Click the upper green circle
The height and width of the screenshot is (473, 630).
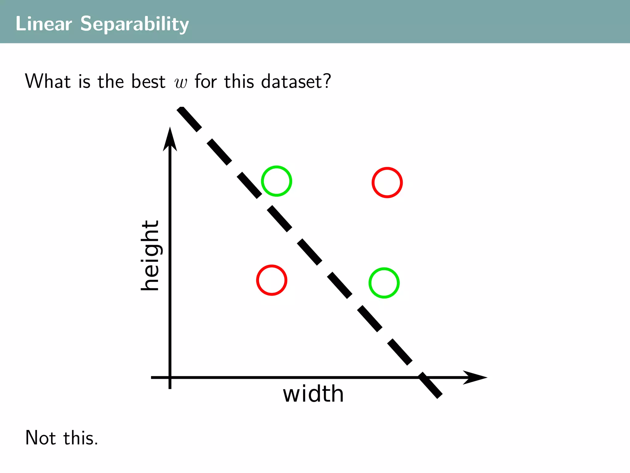(x=277, y=181)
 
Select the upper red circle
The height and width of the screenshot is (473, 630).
(x=387, y=183)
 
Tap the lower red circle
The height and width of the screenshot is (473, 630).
(x=272, y=280)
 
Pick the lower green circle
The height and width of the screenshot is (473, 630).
(x=384, y=283)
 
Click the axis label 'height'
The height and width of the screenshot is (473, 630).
(x=150, y=256)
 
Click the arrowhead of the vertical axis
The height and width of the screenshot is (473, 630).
(x=170, y=139)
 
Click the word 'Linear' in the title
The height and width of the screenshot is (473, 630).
(x=44, y=24)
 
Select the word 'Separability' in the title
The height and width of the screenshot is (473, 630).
(x=134, y=24)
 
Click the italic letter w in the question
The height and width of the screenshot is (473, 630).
(x=181, y=83)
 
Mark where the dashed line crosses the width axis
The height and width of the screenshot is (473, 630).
(x=424, y=377)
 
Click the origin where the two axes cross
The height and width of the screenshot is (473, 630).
(x=170, y=377)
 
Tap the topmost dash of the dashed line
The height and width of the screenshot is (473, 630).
(x=189, y=119)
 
